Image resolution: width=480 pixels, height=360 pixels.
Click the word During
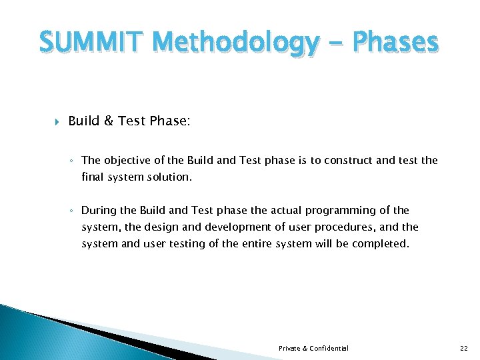tap(98, 211)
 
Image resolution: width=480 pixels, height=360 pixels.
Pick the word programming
tap(350, 211)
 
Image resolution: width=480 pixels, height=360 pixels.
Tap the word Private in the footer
tap(290, 349)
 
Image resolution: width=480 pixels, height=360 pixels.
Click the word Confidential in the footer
tap(329, 349)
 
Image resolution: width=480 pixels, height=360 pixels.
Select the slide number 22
tap(464, 349)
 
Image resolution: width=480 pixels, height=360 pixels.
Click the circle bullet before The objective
tap(73, 161)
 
